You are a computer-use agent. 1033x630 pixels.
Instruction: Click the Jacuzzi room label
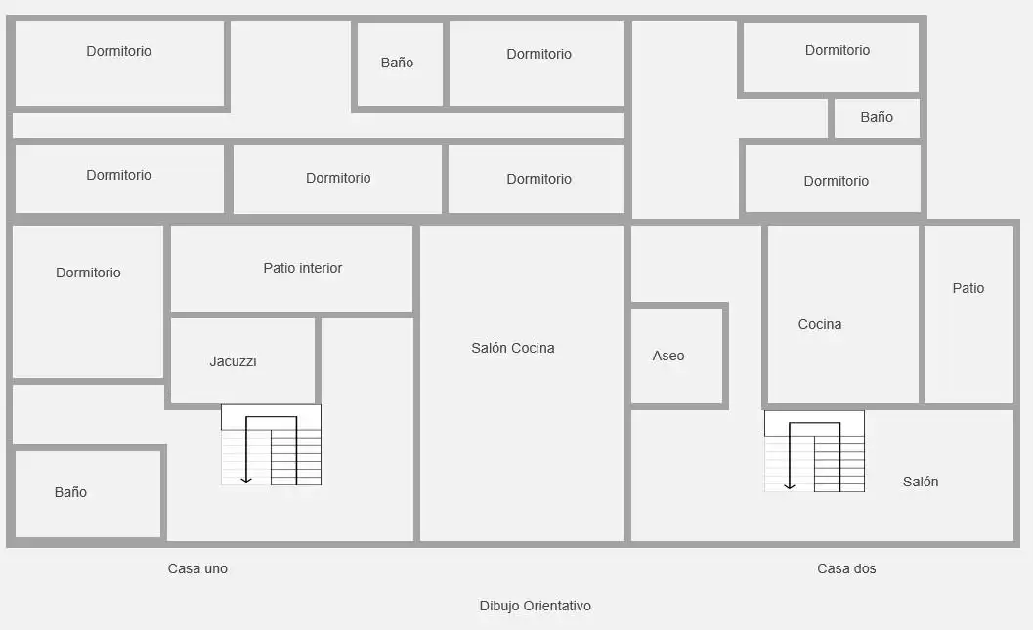pos(233,361)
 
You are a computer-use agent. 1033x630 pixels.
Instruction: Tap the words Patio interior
pos(302,268)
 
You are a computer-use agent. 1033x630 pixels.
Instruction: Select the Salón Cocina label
pos(512,348)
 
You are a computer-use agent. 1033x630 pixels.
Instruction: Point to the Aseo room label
pos(668,356)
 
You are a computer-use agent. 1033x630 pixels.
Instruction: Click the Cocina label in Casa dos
pos(820,324)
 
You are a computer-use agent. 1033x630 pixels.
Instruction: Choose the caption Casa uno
pos(197,568)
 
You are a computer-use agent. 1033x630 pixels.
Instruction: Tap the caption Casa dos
pos(846,568)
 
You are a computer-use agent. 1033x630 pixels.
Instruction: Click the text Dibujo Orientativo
pos(535,606)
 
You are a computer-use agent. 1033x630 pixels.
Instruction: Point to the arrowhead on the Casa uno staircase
pos(245,480)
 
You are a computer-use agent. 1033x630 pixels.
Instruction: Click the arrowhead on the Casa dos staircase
pos(790,486)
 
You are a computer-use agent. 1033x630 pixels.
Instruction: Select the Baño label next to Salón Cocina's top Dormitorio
pos(397,63)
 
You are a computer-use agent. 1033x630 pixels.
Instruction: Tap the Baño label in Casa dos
pos(877,117)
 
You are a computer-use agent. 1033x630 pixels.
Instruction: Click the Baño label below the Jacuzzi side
pos(70,492)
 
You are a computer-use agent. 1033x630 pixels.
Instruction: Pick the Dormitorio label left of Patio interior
pos(88,273)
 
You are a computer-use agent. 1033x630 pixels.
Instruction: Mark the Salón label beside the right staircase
pos(921,482)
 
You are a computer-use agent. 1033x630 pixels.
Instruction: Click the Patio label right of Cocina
pos(968,288)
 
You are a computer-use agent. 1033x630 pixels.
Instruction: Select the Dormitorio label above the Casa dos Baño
pos(838,50)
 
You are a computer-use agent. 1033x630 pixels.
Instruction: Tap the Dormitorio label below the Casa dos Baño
pos(836,181)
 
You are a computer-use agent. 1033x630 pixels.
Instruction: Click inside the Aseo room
pos(676,382)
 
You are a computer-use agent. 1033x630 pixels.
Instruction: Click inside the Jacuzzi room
pos(242,385)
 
